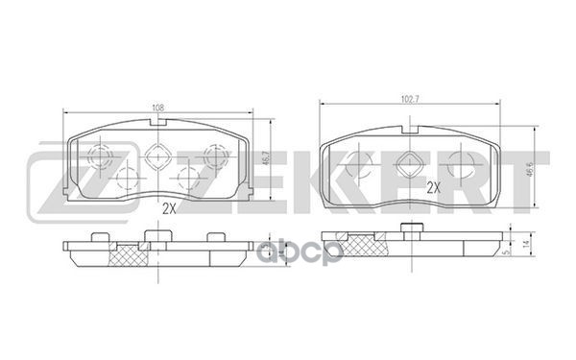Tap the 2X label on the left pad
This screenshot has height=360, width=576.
tap(169, 207)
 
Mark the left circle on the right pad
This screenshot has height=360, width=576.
tap(359, 165)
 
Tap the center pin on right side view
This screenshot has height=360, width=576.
tap(411, 229)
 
